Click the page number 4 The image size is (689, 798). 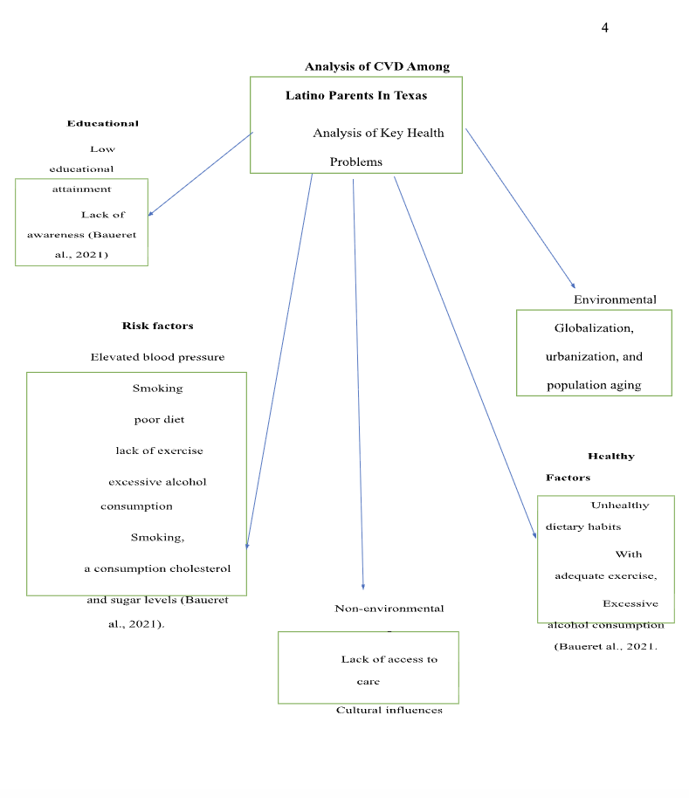click(604, 28)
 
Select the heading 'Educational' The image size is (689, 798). click(102, 123)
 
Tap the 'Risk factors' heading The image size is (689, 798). click(157, 326)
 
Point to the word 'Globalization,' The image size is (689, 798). click(594, 328)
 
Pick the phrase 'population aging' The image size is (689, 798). click(594, 385)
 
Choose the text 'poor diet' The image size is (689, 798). click(159, 419)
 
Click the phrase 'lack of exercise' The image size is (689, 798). click(159, 451)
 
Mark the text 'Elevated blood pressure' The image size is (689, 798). click(157, 357)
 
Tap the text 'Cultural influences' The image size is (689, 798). click(389, 710)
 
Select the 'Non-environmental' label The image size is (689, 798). click(389, 609)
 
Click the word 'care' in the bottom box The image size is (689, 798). click(368, 682)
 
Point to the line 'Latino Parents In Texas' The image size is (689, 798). click(356, 95)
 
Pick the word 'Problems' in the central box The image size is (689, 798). click(355, 162)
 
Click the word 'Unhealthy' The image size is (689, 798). click(619, 506)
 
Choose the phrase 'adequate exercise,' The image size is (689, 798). click(605, 575)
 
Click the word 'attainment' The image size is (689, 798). click(81, 189)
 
